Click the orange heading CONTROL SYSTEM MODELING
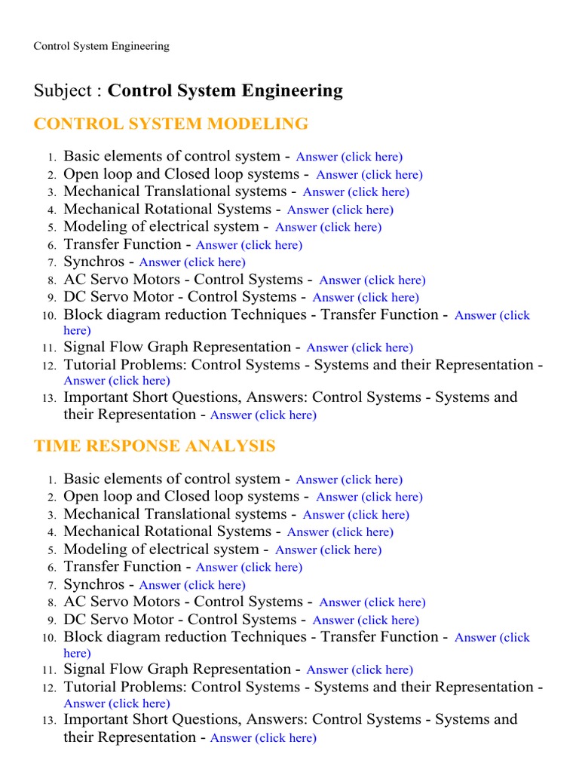171,124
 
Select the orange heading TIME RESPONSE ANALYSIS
155,446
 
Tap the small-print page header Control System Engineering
101,47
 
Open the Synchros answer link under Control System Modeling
192,262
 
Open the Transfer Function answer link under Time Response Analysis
249,567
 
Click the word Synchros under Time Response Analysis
94,584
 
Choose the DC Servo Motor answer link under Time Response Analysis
366,620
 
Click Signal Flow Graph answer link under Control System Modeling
360,348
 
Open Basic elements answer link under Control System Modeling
349,157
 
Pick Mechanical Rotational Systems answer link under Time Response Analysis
340,532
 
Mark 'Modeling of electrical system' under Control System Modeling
161,227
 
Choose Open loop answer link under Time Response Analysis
369,497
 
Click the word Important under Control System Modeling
98,397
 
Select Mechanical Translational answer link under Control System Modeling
356,192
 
